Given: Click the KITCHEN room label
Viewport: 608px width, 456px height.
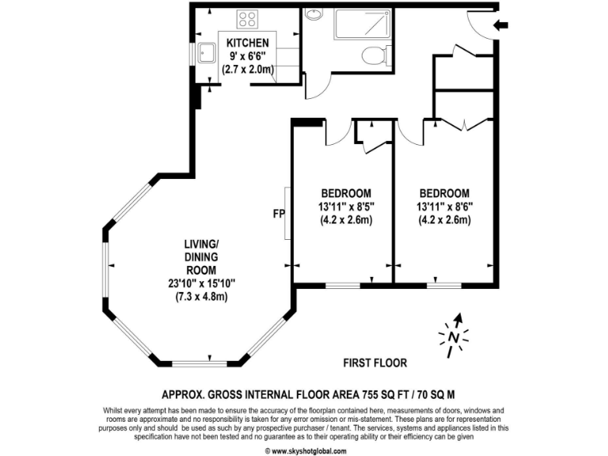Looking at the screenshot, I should pyautogui.click(x=248, y=42).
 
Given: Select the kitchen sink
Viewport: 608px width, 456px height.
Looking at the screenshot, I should pyautogui.click(x=207, y=53).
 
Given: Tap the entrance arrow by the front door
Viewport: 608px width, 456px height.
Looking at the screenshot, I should pyautogui.click(x=500, y=26).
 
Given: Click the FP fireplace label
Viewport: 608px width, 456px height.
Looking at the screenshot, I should pyautogui.click(x=279, y=214).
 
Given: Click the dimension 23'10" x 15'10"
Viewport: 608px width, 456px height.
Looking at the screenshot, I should pyautogui.click(x=202, y=283).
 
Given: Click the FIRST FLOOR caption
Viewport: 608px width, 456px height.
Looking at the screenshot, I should pyautogui.click(x=374, y=363).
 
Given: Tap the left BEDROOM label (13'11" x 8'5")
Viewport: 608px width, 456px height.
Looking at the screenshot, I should pyautogui.click(x=346, y=193).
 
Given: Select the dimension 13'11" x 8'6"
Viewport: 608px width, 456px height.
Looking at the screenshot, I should pyautogui.click(x=445, y=207).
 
